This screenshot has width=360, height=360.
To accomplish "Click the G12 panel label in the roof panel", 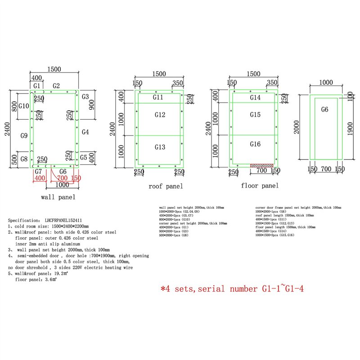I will (159, 115).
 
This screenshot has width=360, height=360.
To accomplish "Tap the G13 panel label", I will (159, 147).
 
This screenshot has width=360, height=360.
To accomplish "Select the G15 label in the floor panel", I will (255, 115).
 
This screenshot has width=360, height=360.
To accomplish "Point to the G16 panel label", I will (255, 144).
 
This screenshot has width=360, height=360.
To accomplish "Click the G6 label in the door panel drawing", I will (325, 109).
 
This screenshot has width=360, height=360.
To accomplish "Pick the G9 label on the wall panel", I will (24, 135).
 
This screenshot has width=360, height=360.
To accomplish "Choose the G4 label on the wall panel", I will (85, 132).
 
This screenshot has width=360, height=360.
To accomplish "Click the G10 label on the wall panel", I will (24, 106).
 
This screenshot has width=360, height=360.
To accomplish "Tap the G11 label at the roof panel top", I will (158, 97).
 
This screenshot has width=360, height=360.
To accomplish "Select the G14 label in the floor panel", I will (255, 97).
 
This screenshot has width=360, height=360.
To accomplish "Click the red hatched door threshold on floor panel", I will (261, 165).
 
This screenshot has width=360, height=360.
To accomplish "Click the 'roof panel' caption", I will (166, 186).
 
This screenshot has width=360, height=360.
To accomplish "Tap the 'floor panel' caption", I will (260, 185).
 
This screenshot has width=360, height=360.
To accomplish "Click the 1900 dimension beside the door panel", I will (349, 127).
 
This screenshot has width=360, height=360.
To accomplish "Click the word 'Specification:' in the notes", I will (25, 220).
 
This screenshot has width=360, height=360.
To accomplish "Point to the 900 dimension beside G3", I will (92, 105).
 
